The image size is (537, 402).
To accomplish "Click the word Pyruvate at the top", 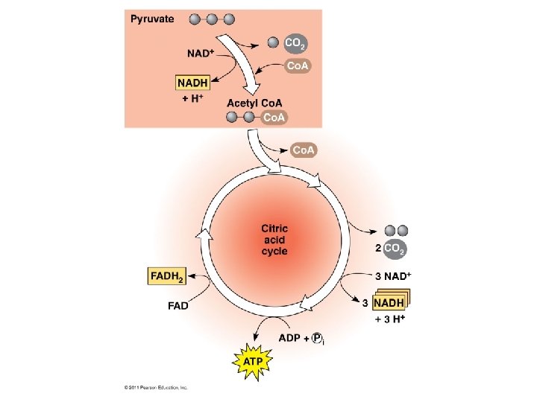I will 153,19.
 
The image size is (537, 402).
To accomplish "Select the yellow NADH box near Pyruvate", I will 192,83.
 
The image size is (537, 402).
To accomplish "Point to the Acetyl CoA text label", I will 255,103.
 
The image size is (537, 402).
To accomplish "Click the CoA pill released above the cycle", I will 304,150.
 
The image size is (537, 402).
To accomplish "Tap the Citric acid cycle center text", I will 274,240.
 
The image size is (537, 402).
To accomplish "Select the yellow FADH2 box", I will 167,276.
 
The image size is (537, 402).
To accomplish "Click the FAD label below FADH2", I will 177,304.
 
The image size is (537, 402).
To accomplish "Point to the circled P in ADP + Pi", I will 316,338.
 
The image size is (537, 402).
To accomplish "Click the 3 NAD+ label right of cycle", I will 392,275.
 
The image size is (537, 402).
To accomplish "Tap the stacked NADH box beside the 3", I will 390,302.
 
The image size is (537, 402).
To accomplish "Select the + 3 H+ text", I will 389,320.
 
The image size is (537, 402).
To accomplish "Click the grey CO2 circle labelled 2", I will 395,249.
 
